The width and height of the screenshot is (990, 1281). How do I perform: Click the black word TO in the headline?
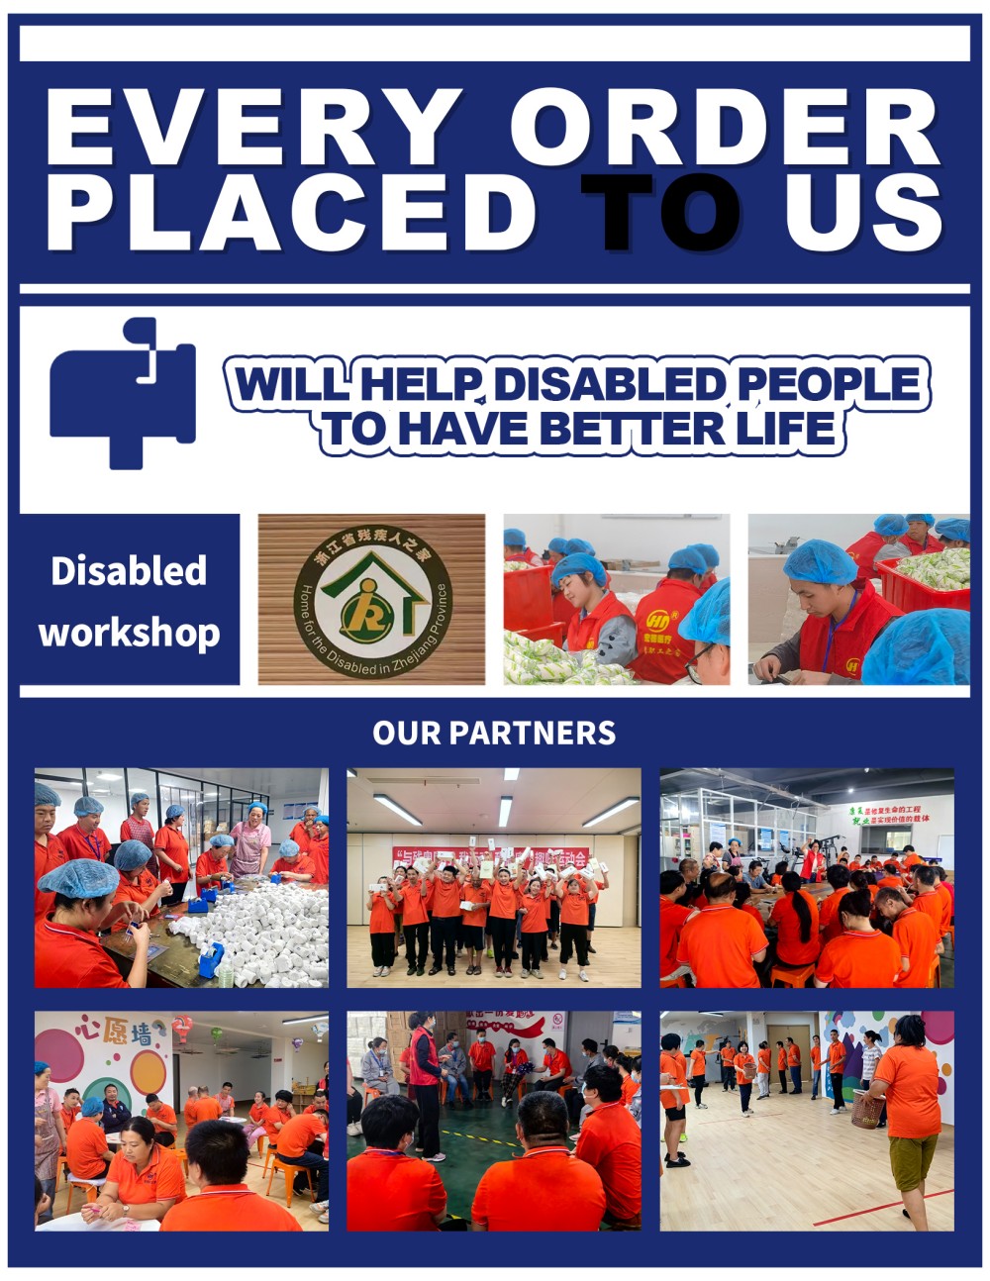point(660,212)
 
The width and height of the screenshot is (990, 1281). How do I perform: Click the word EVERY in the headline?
point(253,128)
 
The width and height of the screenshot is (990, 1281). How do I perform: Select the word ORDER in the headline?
point(724,128)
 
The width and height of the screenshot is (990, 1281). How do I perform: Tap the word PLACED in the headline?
point(291,212)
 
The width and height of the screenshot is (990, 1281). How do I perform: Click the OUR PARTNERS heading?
point(494,733)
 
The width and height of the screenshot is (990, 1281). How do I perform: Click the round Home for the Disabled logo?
point(372,600)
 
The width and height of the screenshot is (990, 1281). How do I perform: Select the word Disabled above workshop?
point(129,571)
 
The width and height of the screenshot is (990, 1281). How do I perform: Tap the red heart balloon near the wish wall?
point(182,1030)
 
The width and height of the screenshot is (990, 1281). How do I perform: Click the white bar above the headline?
point(494,44)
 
